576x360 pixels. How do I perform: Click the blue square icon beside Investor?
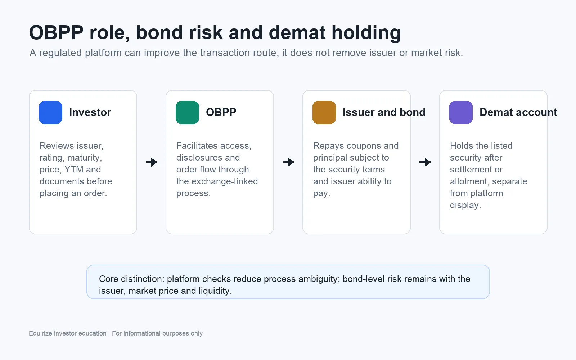[50, 112]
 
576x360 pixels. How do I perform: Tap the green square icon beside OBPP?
[187, 112]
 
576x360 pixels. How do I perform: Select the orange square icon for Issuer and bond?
[324, 112]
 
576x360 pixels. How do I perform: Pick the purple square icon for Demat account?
[461, 112]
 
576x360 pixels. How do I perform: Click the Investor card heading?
[90, 112]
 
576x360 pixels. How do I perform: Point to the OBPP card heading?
[221, 112]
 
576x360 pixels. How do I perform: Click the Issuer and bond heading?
[384, 112]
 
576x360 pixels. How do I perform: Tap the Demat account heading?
[518, 112]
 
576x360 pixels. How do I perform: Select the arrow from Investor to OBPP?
[151, 162]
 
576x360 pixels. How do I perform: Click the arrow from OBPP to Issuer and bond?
[288, 162]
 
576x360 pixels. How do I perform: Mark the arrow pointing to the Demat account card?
[425, 162]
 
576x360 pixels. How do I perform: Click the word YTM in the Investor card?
[74, 170]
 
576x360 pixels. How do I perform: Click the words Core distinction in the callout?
[131, 279]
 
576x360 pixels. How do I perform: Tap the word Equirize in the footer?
[40, 333]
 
